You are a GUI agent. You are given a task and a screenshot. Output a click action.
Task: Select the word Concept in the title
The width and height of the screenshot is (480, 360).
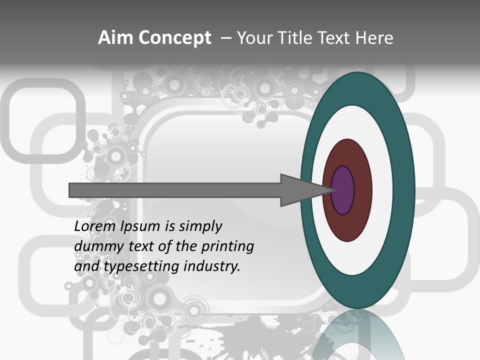click(x=174, y=38)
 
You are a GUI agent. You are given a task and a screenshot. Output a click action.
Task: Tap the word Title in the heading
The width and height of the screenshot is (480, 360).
click(x=297, y=38)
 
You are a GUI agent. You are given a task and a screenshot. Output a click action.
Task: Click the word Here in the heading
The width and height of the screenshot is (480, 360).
click(x=374, y=38)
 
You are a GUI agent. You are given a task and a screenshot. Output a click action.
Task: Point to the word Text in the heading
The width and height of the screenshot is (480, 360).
click(x=335, y=38)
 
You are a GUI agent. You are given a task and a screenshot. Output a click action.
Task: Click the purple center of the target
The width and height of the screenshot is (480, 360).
click(x=343, y=190)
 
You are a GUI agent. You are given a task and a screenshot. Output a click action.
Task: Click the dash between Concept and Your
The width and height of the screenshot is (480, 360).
click(x=225, y=38)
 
